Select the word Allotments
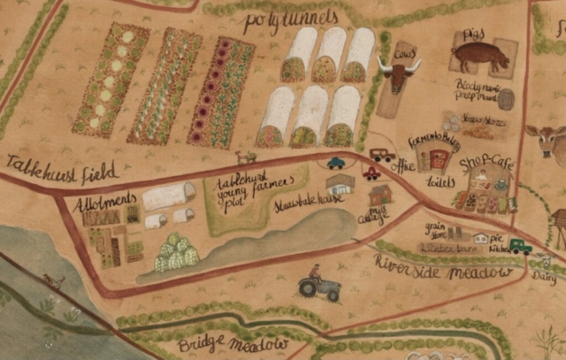point(105,202)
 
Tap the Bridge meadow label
point(233,344)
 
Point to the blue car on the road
point(336,163)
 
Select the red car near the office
point(371,174)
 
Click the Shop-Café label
point(486,165)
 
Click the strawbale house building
point(340,184)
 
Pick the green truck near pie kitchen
point(519,247)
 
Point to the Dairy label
point(546,275)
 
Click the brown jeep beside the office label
point(382,155)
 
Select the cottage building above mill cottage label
point(380,194)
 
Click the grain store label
point(435,232)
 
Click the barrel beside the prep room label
point(506,99)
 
